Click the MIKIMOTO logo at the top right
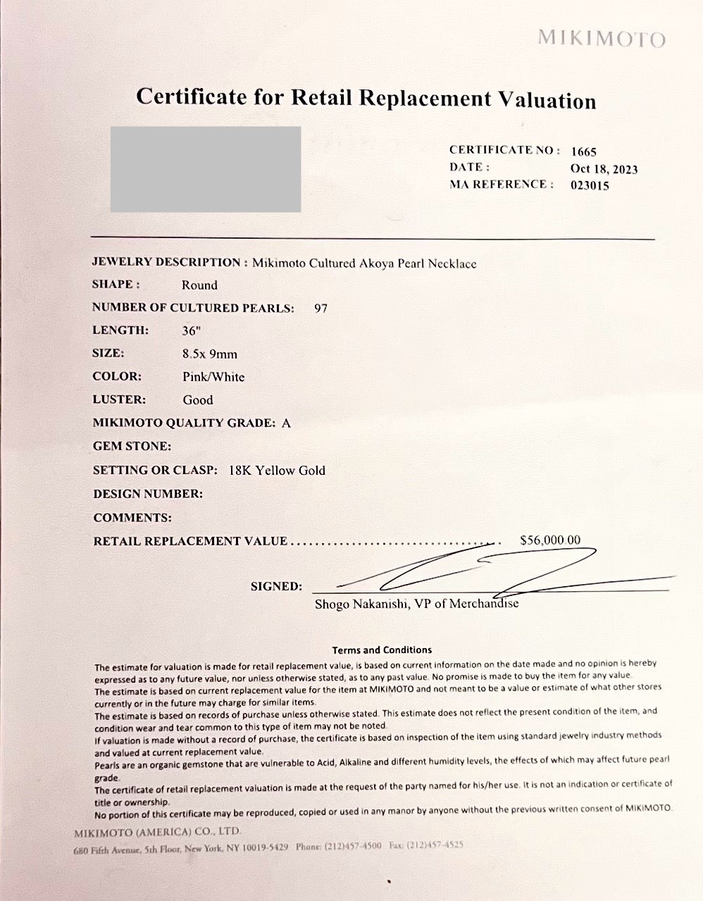click(601, 38)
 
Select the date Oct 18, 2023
click(604, 169)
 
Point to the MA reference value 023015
click(590, 186)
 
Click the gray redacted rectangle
click(206, 169)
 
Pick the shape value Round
click(199, 285)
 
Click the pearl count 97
click(321, 309)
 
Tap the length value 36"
click(192, 330)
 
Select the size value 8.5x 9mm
click(209, 354)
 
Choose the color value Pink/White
click(213, 377)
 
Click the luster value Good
click(198, 400)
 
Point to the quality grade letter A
click(286, 423)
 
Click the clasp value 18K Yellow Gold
click(277, 471)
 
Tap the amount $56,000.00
click(550, 540)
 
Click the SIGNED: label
click(276, 586)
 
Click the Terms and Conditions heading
click(382, 650)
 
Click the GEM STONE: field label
click(132, 447)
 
